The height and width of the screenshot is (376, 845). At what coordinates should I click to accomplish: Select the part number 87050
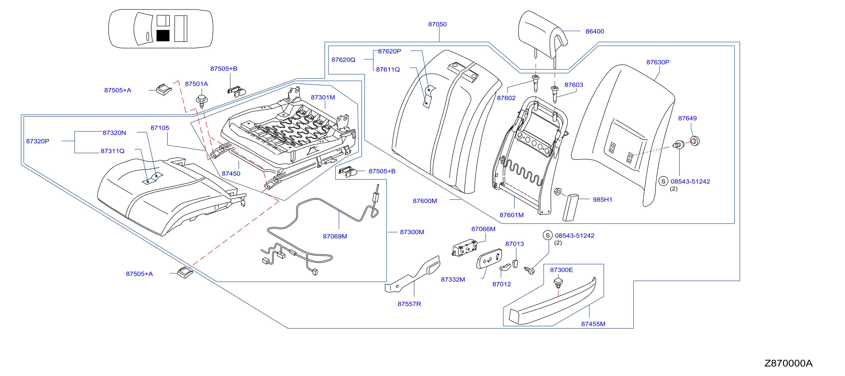pos(437,24)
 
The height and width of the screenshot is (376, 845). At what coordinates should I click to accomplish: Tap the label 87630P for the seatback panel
pos(658,62)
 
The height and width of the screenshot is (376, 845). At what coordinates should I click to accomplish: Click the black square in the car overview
pos(163,35)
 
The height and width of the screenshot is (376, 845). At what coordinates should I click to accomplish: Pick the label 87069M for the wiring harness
pos(335,236)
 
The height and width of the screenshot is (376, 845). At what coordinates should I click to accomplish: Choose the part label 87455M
pos(593,324)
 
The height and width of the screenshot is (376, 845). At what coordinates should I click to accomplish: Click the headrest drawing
pos(543,34)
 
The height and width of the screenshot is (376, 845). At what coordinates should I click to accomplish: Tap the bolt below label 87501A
pos(201,100)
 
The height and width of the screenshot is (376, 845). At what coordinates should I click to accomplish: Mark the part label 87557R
pos(409,304)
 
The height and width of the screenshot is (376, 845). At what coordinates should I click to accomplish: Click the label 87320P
pos(38,141)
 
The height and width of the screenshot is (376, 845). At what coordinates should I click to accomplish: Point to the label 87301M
pos(323,97)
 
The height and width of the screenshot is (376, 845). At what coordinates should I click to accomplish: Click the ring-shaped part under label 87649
pos(695,141)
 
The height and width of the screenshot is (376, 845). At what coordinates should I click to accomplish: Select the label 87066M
pos(483,229)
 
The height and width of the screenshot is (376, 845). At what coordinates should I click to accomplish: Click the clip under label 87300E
pos(558,283)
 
